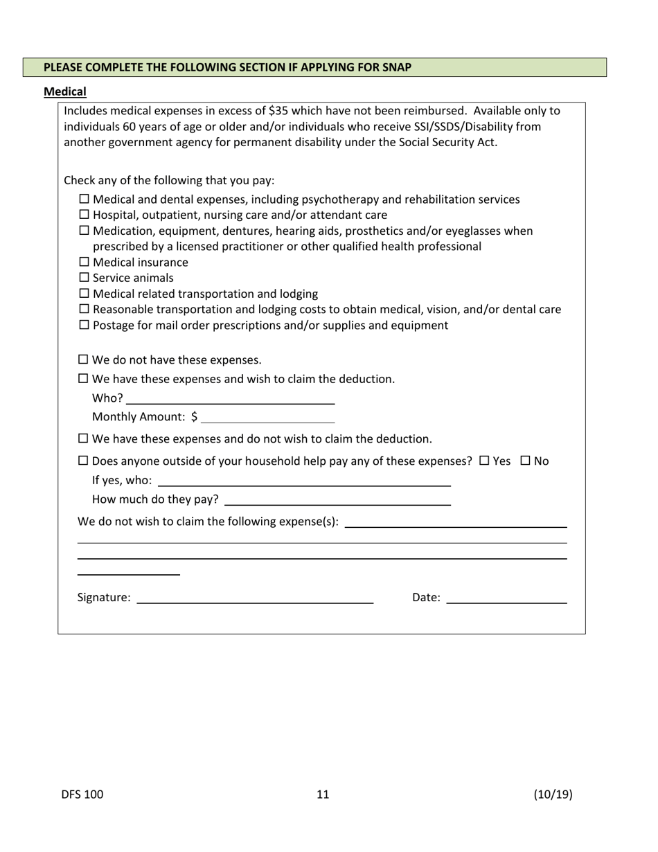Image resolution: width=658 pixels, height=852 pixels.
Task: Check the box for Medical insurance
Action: [85, 262]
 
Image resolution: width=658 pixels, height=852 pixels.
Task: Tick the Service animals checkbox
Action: [85, 278]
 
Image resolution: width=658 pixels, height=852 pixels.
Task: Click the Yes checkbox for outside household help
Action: [484, 461]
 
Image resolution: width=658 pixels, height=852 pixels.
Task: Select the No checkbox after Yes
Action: [525, 461]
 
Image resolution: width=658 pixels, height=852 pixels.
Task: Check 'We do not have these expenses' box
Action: [84, 360]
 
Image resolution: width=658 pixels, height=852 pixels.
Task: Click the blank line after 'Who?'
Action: [230, 398]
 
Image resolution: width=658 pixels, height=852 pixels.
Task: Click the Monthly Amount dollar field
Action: [267, 417]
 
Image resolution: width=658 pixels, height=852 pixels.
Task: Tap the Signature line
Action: [255, 598]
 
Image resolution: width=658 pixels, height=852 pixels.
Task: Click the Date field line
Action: [506, 598]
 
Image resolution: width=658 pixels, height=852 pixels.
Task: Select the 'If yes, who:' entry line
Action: [305, 481]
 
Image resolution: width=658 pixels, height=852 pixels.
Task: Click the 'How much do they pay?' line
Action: [337, 499]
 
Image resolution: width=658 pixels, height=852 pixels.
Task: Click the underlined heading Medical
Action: [65, 91]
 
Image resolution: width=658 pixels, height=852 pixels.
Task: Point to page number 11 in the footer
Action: [323, 795]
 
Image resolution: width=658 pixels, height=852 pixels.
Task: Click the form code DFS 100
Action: [82, 795]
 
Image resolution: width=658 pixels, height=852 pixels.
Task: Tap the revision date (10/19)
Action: [553, 795]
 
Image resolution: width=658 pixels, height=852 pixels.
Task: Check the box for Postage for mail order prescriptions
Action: [85, 325]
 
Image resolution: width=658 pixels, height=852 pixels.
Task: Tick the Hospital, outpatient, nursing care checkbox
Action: [85, 215]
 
